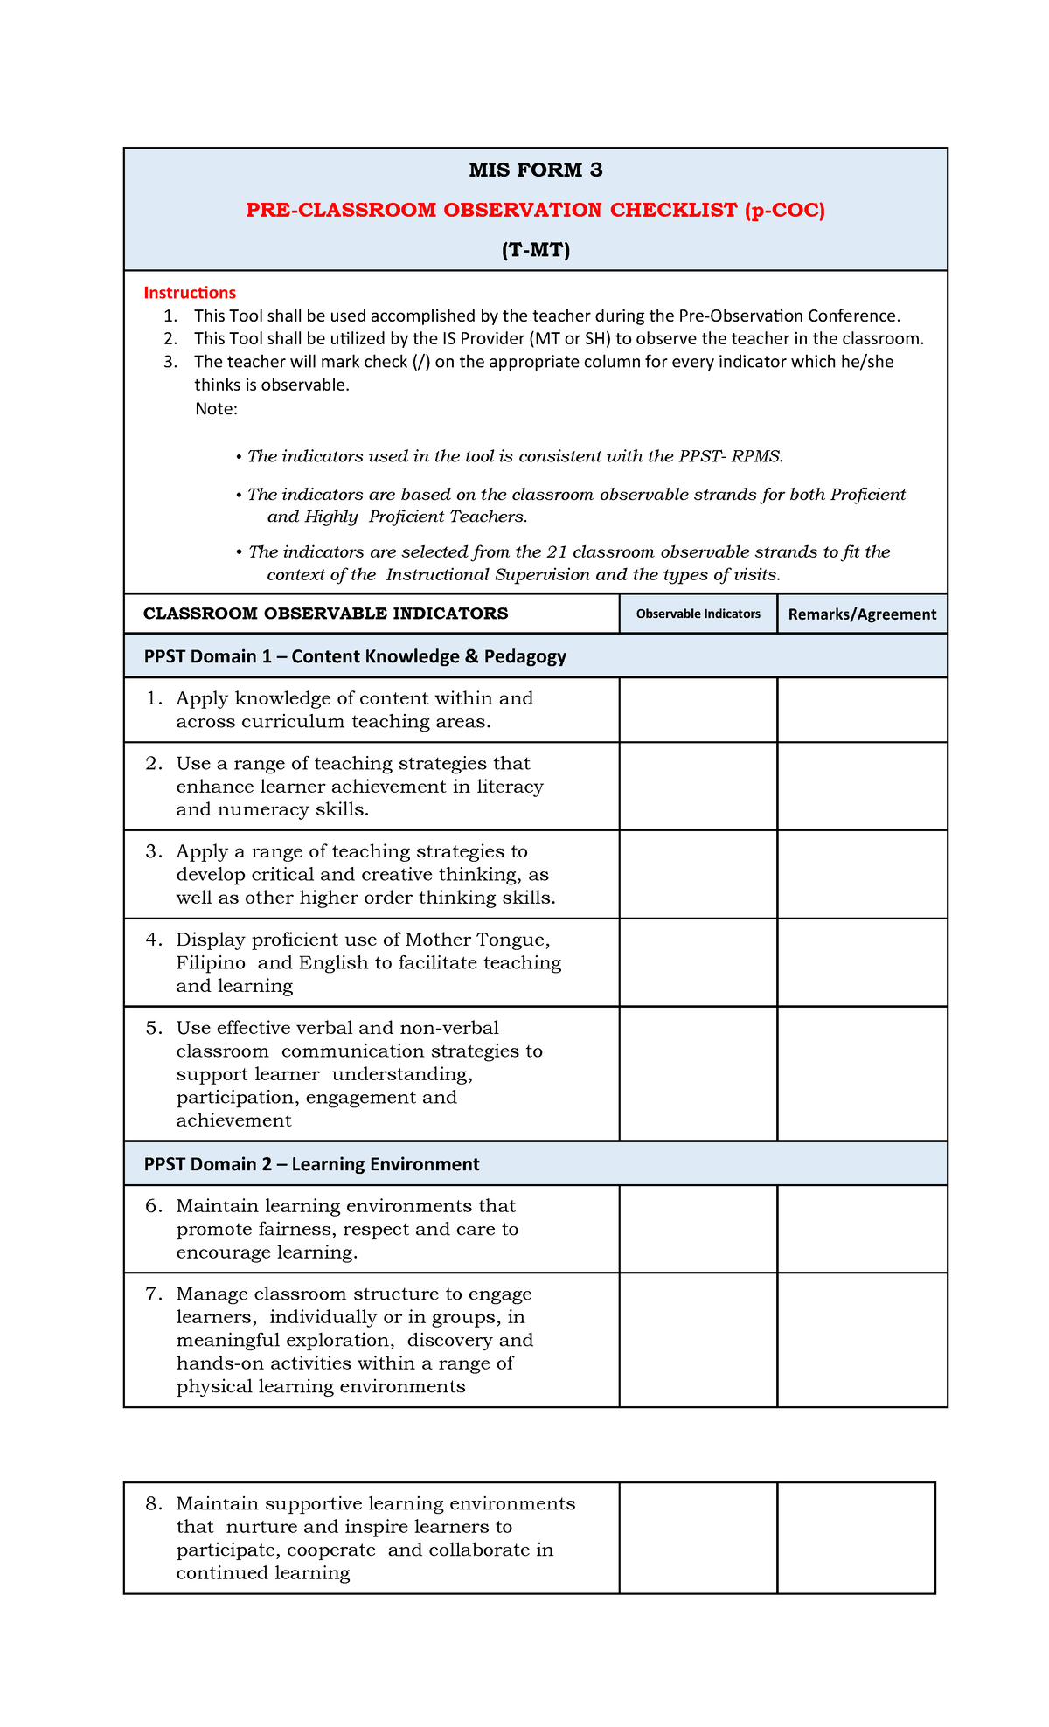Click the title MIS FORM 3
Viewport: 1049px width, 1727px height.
[x=535, y=170]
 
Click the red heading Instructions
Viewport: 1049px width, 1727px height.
[x=190, y=293]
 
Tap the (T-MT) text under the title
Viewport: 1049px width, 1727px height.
[x=535, y=251]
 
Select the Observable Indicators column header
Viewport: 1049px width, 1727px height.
[x=698, y=614]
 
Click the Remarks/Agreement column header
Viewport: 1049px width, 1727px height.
[x=861, y=614]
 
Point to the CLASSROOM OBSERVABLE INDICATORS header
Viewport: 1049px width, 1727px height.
[x=325, y=614]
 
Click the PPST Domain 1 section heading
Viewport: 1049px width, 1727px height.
[x=355, y=656]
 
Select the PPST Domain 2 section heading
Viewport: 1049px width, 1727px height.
[x=311, y=1164]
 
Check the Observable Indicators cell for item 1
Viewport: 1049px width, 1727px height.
[x=698, y=710]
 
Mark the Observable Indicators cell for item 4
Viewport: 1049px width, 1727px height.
[x=698, y=962]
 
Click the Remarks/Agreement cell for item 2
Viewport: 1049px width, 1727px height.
[x=861, y=787]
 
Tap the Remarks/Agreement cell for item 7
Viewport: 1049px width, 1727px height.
[x=861, y=1340]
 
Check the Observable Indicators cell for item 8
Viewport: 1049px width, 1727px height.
[x=698, y=1538]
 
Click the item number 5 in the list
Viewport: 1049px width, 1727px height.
[x=154, y=1028]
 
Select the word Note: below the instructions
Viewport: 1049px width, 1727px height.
[x=216, y=409]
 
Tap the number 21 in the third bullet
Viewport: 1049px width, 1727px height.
[x=557, y=552]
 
